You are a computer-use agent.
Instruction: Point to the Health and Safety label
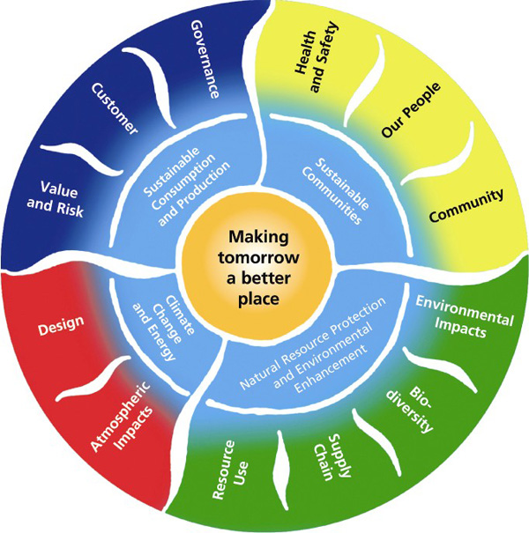pos(315,54)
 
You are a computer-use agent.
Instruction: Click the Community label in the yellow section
pos(466,205)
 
